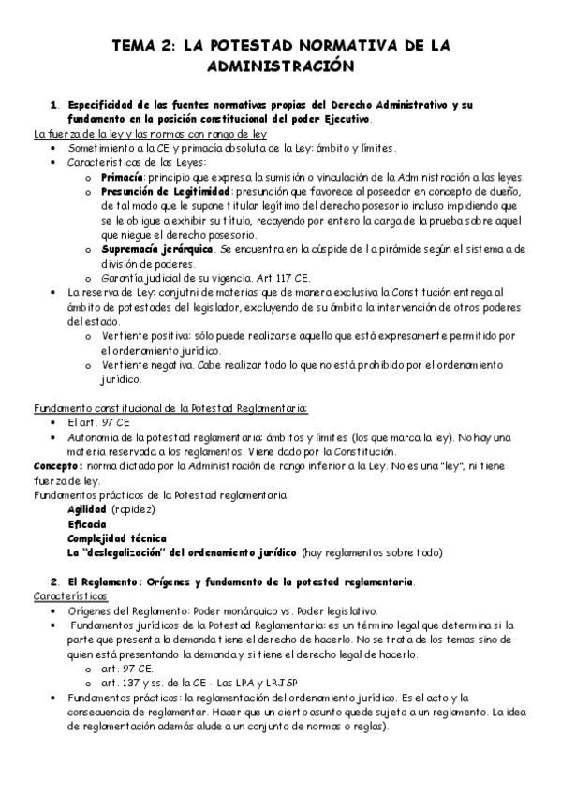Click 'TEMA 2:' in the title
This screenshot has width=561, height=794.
[142, 44]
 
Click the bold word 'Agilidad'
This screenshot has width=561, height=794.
[87, 509]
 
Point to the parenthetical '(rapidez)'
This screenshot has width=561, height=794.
[133, 509]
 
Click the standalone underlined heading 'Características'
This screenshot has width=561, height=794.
[71, 595]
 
